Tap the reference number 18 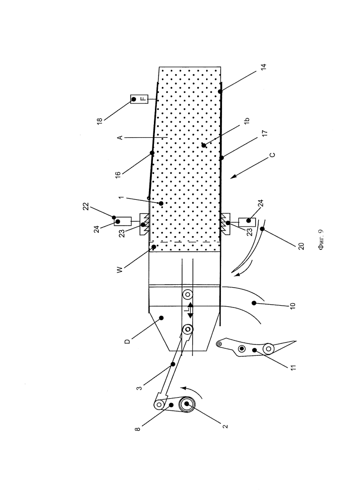(x=100, y=121)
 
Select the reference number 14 (x=264, y=67)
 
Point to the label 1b (x=247, y=120)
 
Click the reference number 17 (x=265, y=133)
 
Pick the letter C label (x=272, y=155)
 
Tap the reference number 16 (x=118, y=174)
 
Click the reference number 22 (x=86, y=206)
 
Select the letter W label (x=119, y=270)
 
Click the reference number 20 (x=301, y=246)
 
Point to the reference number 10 (x=292, y=306)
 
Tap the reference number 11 (x=293, y=367)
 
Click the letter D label (x=127, y=341)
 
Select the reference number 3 (x=140, y=388)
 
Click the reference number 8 (x=138, y=429)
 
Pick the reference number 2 (x=225, y=426)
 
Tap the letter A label (x=120, y=138)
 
